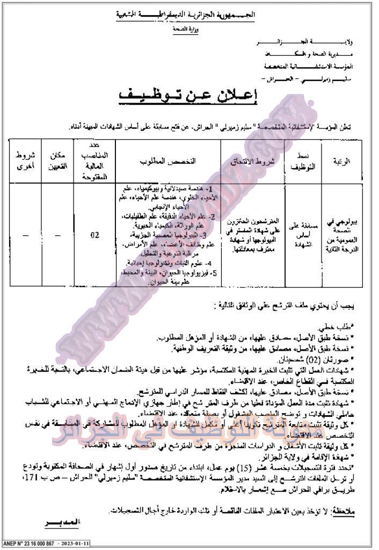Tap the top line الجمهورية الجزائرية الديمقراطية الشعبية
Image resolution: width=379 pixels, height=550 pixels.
click(192, 15)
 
